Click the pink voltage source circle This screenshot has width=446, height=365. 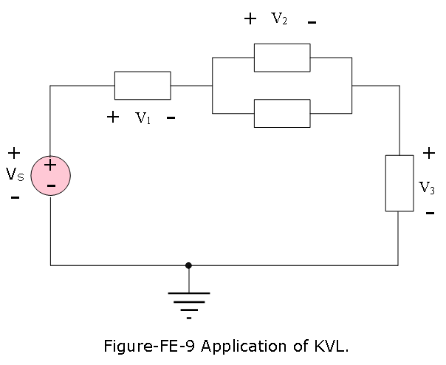51,175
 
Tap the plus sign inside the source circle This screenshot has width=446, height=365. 50,165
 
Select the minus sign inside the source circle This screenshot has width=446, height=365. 51,186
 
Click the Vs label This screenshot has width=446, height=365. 15,174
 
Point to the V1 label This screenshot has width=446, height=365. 143,117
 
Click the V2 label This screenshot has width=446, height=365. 279,18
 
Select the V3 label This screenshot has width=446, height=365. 427,188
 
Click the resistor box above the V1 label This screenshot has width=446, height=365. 143,86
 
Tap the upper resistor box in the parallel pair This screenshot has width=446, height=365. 282,58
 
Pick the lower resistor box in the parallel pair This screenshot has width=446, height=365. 282,113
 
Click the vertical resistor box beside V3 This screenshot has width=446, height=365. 399,183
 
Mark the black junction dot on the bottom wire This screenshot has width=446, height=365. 188,265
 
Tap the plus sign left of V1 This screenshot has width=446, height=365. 113,117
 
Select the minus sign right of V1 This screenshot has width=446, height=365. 171,117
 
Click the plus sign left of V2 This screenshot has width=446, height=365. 250,18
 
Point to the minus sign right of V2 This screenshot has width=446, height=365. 312,22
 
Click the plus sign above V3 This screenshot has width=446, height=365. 429,154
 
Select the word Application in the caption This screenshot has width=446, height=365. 244,347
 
